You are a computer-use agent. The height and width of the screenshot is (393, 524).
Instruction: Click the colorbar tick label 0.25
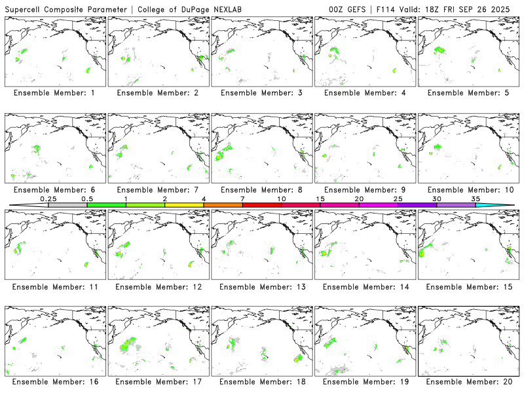[48, 198]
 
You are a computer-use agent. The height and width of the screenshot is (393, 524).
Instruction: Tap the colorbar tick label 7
[243, 198]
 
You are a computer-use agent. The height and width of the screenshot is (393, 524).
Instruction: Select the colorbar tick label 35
[476, 198]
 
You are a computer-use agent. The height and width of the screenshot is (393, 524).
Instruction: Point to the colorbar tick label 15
[320, 198]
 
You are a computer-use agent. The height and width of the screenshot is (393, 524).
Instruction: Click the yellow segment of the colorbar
[184, 205]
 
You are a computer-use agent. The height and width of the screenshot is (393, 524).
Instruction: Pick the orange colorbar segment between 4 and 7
[223, 205]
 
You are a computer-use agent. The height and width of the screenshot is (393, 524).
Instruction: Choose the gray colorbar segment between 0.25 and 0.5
[67, 205]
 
